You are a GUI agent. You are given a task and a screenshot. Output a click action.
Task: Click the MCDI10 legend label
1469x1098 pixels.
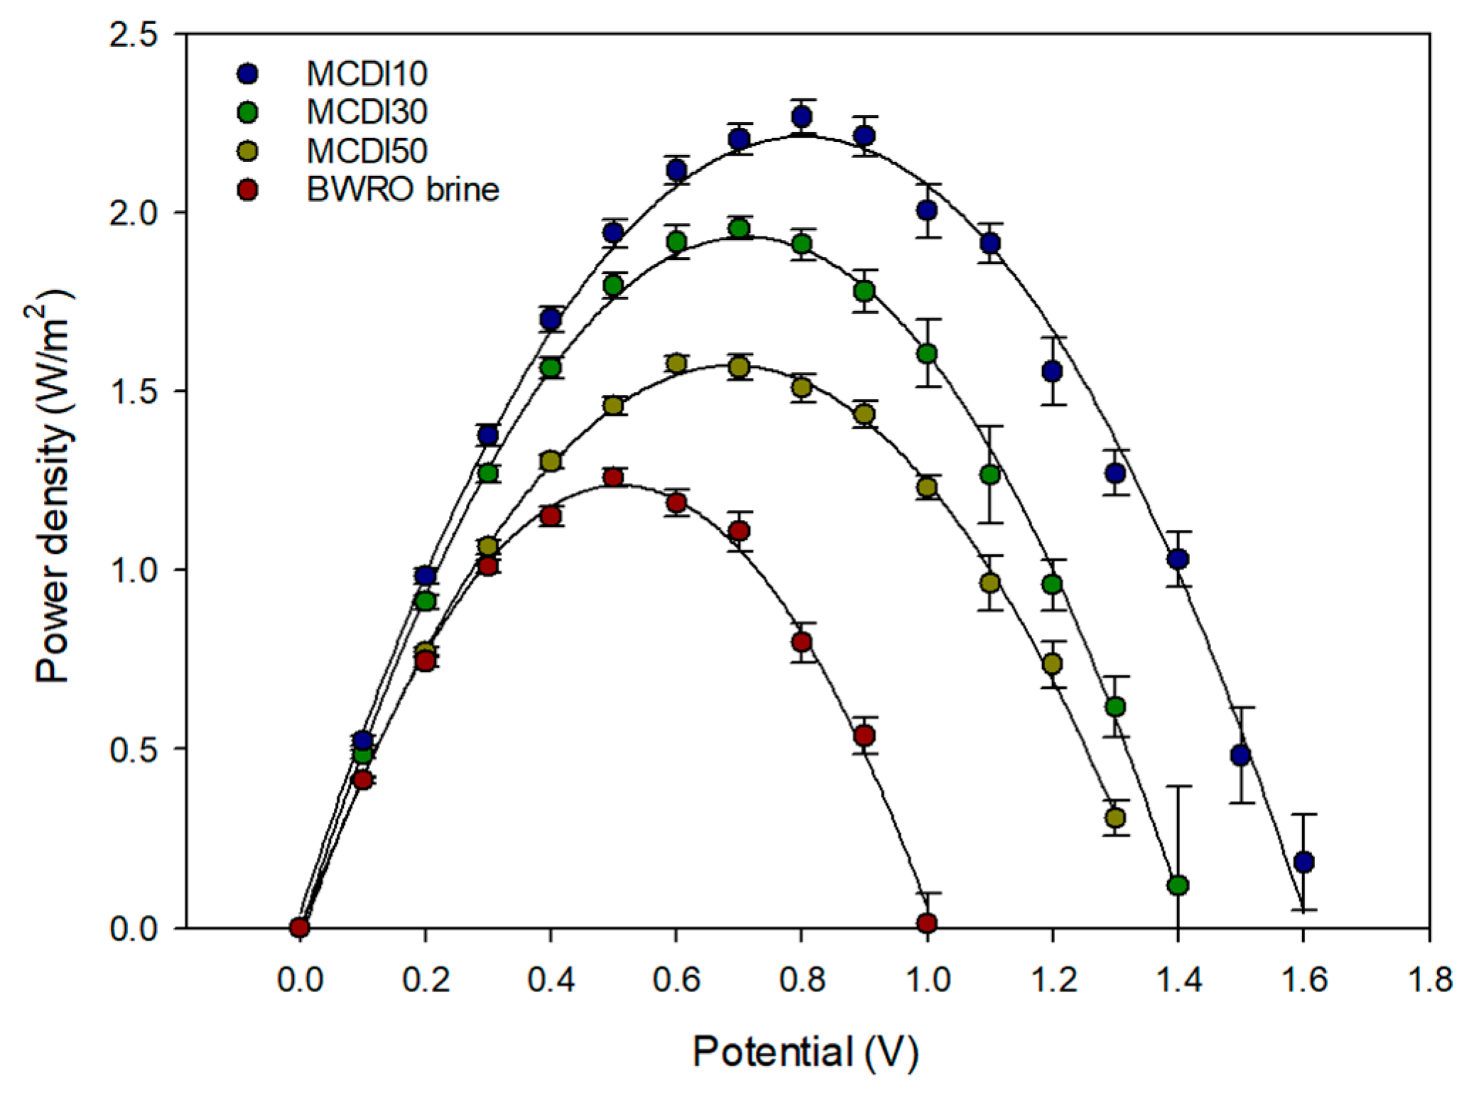click(x=367, y=73)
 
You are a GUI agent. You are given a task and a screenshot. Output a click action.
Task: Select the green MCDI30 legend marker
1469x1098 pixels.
click(x=248, y=112)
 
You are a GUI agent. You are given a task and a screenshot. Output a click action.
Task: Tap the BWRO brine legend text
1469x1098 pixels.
click(x=403, y=190)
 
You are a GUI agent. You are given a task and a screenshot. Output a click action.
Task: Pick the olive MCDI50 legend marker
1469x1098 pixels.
click(x=248, y=151)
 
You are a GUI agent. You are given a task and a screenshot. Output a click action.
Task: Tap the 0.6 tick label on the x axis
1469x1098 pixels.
click(x=676, y=980)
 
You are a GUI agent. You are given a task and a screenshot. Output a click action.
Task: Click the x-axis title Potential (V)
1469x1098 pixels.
click(x=805, y=1052)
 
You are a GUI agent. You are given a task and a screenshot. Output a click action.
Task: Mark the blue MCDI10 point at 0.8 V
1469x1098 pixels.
click(x=802, y=116)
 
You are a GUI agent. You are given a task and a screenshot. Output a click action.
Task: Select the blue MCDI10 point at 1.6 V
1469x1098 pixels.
click(x=1303, y=862)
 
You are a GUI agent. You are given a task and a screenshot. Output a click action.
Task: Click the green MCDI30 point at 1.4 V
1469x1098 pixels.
click(x=1178, y=886)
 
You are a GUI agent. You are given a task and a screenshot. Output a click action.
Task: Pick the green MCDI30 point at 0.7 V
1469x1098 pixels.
click(x=739, y=229)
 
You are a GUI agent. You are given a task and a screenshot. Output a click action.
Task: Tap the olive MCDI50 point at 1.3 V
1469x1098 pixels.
click(x=1115, y=818)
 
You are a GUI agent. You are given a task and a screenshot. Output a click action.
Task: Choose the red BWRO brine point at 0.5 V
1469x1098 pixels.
click(x=613, y=477)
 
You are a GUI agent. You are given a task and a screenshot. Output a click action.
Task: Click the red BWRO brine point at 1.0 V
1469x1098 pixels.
click(x=927, y=924)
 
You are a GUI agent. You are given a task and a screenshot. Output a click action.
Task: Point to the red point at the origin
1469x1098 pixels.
click(x=299, y=927)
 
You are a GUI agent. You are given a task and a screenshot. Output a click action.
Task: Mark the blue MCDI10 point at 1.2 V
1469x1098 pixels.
click(x=1052, y=371)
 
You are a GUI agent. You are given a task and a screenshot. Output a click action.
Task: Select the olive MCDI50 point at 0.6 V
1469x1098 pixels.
click(x=676, y=364)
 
